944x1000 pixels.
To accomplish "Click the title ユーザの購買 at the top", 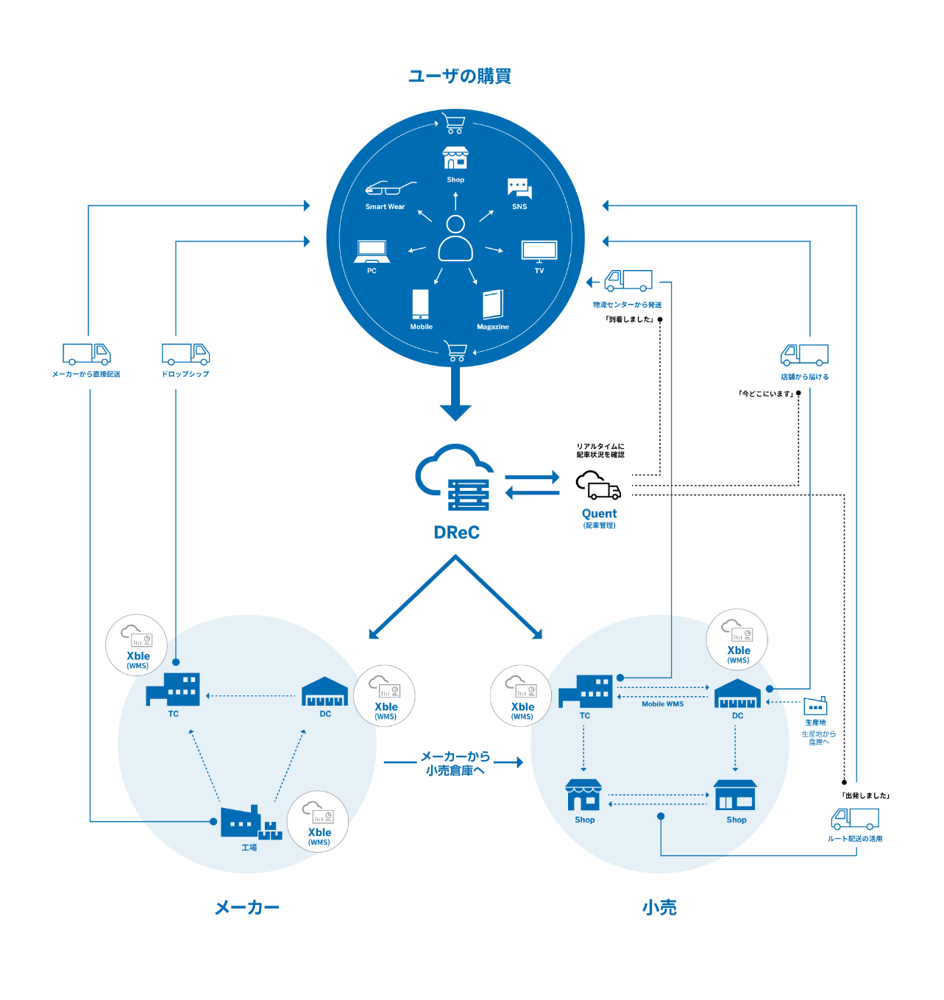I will pos(459,76).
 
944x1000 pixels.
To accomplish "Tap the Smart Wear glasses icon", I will pos(389,188).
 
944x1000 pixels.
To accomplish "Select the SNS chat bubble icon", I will pos(519,188).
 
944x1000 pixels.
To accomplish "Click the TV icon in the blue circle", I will pos(539,251).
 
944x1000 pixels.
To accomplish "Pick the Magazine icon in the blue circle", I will pos(493,304).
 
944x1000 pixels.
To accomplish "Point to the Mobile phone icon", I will pos(421,304).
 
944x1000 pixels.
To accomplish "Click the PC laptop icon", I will pos(372,251).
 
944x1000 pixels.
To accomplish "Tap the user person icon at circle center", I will pos(455,239).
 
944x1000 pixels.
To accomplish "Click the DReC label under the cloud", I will pos(456,533).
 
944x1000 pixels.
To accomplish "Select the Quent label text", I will pos(599,514).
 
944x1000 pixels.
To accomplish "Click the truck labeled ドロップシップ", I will pos(185,354).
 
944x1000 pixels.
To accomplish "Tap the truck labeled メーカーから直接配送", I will pos(86,354).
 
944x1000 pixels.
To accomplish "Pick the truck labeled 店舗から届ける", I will pos(804,355).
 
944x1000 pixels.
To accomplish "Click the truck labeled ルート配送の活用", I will pos(855,818).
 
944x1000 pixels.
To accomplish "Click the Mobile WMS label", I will pos(662,704).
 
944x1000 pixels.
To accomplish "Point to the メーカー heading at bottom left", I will pos(246,908).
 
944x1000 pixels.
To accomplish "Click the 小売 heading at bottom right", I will pos(659,908).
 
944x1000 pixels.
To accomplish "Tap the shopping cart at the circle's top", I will pos(455,124).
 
